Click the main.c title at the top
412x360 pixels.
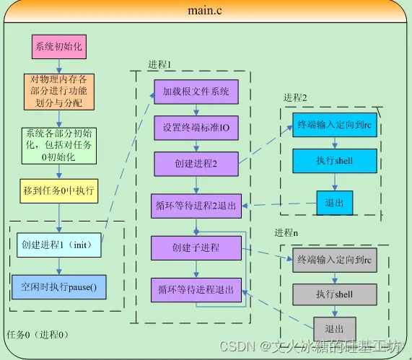tap(206, 11)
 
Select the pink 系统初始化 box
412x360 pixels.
tap(58, 48)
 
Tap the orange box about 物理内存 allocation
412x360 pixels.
tap(58, 92)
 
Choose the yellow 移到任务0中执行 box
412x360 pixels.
tap(58, 191)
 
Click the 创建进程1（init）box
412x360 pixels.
tap(58, 245)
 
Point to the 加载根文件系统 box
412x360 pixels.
tap(196, 92)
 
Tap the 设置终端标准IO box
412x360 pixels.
tap(196, 128)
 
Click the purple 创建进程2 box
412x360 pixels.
tap(196, 163)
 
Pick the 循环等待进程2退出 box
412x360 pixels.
tap(196, 206)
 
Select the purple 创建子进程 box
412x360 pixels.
tap(196, 248)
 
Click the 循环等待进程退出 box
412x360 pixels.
tap(196, 290)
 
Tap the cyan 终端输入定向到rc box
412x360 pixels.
tap(334, 124)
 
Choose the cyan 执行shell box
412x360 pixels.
tap(334, 160)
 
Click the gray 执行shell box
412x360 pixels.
tap(334, 294)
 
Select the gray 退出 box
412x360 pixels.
tap(334, 328)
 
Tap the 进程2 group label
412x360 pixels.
tap(295, 97)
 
